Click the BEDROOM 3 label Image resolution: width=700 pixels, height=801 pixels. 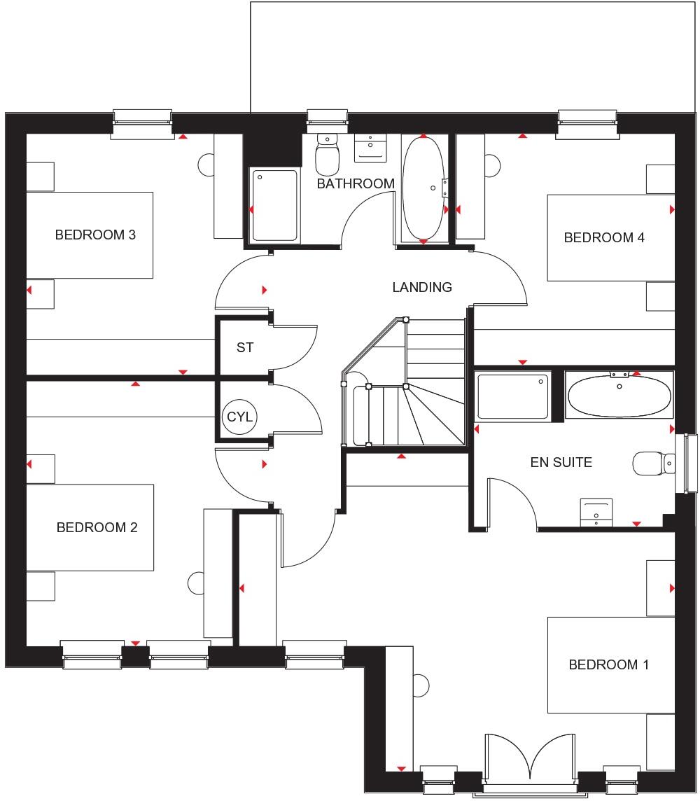(x=95, y=235)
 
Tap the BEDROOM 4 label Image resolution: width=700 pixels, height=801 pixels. (x=604, y=237)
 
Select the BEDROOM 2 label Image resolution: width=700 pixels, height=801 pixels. (x=97, y=527)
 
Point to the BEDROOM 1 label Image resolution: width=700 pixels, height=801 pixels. (x=608, y=664)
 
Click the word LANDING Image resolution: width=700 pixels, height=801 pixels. (x=422, y=287)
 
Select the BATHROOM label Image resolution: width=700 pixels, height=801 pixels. (x=356, y=183)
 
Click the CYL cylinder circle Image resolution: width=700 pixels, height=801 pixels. (x=241, y=417)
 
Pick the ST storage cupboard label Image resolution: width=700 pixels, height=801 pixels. (x=244, y=347)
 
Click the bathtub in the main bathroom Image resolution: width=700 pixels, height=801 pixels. (x=423, y=188)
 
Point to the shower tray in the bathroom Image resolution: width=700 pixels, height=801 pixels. (x=274, y=205)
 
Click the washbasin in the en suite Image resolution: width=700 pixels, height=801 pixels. (x=596, y=511)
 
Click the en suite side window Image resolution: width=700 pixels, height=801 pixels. (x=690, y=463)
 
